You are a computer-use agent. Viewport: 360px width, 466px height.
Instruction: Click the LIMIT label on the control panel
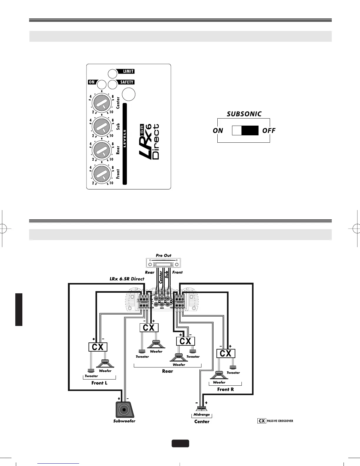click(x=128, y=71)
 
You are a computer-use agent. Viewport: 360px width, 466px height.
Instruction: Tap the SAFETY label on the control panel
click(x=127, y=82)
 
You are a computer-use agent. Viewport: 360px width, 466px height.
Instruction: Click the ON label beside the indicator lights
click(x=91, y=82)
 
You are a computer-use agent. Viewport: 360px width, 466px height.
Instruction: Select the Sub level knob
click(x=101, y=126)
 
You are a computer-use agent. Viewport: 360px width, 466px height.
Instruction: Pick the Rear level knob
click(x=101, y=150)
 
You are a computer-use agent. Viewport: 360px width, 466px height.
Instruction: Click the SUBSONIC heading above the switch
click(x=244, y=114)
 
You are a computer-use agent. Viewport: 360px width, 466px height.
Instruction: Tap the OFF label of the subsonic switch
click(x=269, y=130)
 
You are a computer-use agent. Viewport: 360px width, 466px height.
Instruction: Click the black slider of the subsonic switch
click(x=250, y=130)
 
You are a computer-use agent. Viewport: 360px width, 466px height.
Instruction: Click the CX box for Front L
click(x=98, y=347)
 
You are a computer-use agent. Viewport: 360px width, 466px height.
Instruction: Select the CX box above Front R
click(x=226, y=353)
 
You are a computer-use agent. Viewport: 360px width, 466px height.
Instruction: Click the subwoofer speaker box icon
click(x=125, y=409)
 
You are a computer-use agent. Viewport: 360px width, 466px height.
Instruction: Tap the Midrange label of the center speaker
click(x=202, y=415)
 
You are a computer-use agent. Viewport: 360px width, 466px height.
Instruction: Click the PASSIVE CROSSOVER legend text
click(x=280, y=421)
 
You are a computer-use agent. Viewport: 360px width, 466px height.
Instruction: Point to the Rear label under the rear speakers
click(x=168, y=371)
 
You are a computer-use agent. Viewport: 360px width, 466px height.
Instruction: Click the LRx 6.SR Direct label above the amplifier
click(x=127, y=279)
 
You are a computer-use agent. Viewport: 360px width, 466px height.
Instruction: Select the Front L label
click(x=99, y=383)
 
